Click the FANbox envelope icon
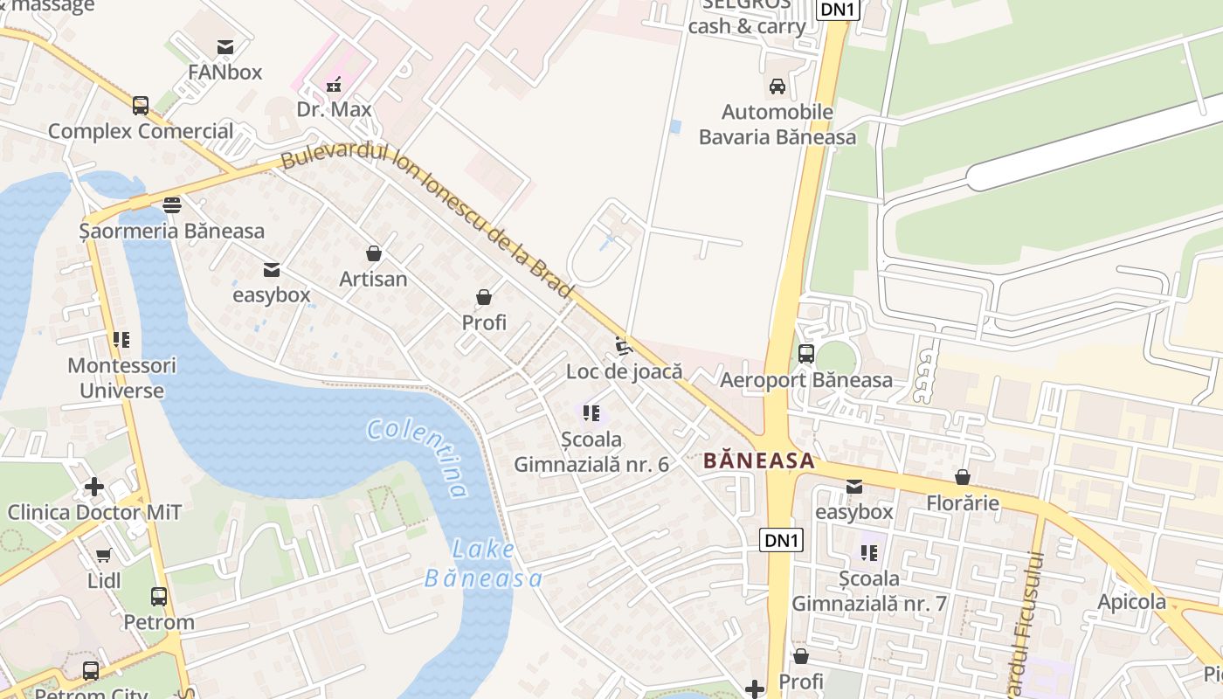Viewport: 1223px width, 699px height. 225,47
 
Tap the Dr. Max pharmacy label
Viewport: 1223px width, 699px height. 334,109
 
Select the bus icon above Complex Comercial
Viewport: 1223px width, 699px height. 141,106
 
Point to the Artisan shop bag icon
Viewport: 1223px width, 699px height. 374,254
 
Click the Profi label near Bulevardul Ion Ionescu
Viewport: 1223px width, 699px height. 484,322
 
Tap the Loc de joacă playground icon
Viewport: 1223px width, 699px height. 624,347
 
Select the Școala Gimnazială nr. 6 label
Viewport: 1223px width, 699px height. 591,452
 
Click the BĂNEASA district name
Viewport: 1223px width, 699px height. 758,460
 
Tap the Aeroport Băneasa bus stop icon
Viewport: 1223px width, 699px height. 806,354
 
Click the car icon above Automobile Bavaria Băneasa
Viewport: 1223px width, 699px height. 777,87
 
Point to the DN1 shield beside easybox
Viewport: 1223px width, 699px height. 780,540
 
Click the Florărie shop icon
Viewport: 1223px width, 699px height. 962,478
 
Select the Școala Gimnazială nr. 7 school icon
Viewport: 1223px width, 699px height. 868,552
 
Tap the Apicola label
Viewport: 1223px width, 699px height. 1131,601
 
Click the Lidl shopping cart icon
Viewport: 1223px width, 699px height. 104,555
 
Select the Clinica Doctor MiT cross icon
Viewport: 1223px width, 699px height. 94,487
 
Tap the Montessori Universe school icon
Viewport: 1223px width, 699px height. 121,340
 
